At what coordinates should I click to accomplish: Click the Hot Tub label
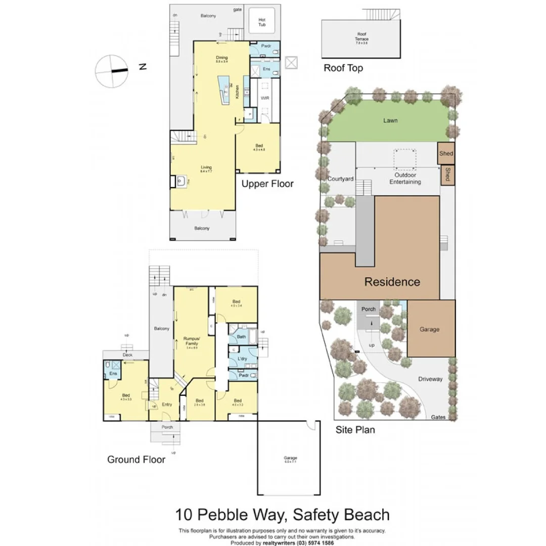[262, 22]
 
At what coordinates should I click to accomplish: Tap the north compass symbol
[112, 71]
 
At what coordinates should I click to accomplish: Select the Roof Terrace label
[361, 37]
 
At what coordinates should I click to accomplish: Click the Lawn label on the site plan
[390, 120]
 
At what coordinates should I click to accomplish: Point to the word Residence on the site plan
[392, 282]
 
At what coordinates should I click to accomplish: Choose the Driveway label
[430, 379]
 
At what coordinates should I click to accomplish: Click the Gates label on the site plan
[438, 417]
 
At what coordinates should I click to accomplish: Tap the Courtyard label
[340, 179]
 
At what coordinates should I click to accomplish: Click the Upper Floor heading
[267, 184]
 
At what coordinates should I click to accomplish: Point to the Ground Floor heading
[136, 460]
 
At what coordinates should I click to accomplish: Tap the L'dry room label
[242, 359]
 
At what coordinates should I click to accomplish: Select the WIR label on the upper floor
[264, 98]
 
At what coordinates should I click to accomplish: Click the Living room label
[206, 168]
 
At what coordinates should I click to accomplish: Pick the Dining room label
[221, 59]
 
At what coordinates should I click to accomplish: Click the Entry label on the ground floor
[167, 404]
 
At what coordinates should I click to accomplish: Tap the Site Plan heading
[355, 430]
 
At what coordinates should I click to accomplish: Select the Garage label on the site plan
[429, 329]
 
